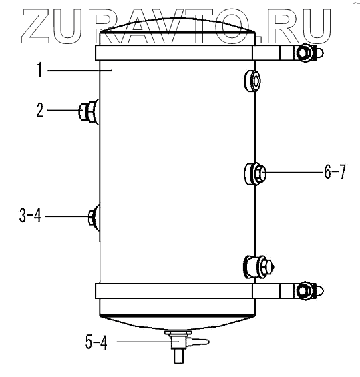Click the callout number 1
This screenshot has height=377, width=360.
[40, 69]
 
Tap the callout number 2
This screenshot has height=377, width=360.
[40, 110]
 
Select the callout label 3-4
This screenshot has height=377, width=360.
[30, 216]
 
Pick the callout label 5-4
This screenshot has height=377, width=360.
[96, 342]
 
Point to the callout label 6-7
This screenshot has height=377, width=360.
[335, 172]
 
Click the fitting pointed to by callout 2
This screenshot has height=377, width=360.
[89, 112]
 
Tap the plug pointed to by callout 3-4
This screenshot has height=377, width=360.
[94, 217]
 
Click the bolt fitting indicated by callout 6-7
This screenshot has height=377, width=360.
[255, 174]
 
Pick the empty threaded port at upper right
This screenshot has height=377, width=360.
[252, 81]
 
